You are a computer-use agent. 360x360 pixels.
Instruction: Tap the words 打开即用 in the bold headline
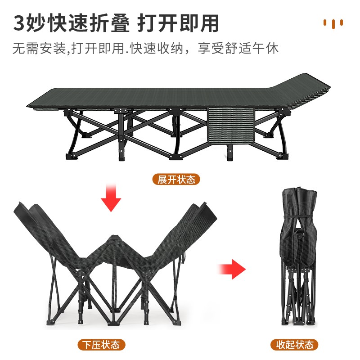click(x=179, y=23)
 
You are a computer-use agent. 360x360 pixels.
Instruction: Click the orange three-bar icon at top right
click(x=333, y=23)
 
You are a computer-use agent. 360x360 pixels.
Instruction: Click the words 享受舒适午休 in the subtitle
click(x=238, y=48)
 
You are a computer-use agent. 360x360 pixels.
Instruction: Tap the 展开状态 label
click(x=176, y=180)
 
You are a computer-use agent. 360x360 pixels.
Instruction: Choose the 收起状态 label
click(x=294, y=345)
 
